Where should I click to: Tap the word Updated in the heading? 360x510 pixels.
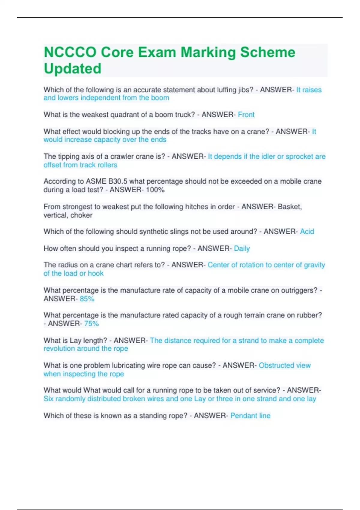coord(73,69)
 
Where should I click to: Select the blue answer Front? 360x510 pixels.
coord(246,115)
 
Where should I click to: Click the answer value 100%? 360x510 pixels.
coord(155,190)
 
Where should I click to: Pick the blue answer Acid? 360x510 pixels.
coord(307,232)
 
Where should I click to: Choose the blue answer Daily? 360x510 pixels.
coord(242,248)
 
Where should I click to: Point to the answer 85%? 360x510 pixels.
coord(87,299)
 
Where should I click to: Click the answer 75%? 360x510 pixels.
coord(91,324)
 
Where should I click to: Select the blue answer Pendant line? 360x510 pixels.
coord(250,416)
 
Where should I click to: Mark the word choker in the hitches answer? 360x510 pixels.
coord(81,215)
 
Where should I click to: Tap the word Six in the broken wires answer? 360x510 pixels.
coord(48,399)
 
